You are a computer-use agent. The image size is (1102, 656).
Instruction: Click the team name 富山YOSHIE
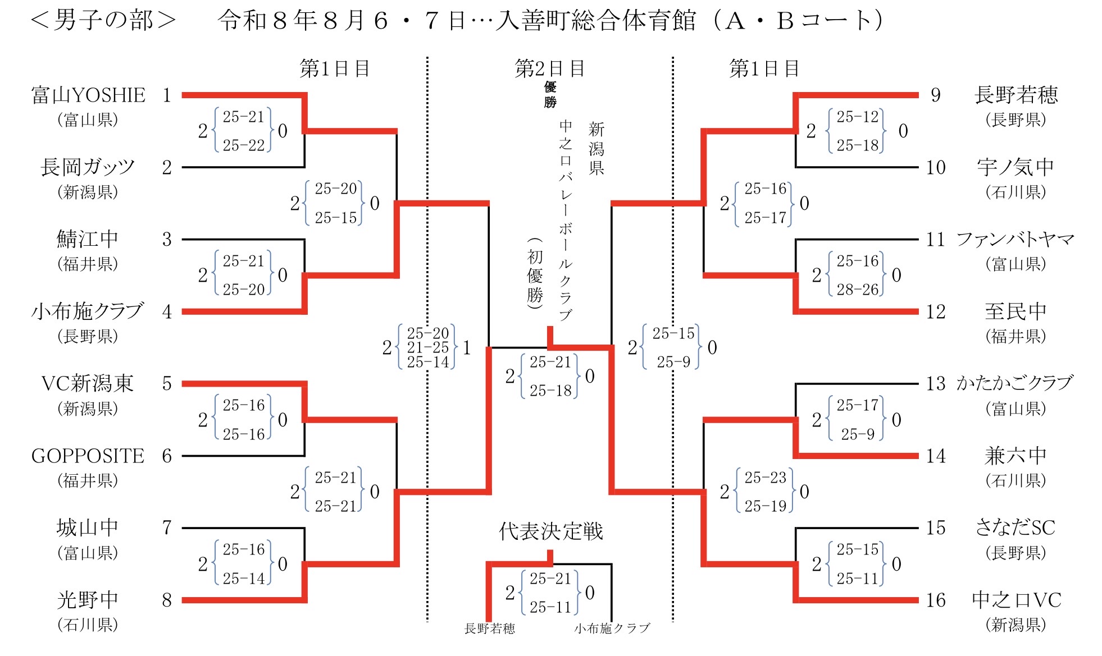click(x=88, y=95)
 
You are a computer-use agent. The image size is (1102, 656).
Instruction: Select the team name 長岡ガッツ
click(x=88, y=167)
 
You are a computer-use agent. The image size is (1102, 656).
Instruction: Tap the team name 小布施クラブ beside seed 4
click(x=88, y=311)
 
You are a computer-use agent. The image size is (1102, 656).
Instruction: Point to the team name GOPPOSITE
click(x=88, y=456)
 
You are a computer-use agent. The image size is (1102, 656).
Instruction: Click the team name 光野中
click(x=88, y=600)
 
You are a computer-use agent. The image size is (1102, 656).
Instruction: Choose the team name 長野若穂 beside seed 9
click(x=1016, y=95)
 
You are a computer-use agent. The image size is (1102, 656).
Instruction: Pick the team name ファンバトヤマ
click(x=1016, y=240)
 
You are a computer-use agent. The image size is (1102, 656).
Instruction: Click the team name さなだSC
click(x=1016, y=528)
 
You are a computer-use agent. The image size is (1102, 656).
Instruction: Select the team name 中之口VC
click(x=1017, y=600)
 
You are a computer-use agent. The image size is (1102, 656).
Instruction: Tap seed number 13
click(x=936, y=384)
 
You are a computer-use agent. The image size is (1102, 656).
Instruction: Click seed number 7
click(x=167, y=528)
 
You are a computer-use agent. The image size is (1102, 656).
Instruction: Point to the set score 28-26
click(x=857, y=290)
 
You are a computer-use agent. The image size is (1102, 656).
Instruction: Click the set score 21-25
click(x=428, y=348)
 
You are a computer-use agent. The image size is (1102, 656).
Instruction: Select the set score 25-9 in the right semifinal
click(x=673, y=362)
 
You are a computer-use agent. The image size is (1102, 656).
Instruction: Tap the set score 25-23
click(x=765, y=478)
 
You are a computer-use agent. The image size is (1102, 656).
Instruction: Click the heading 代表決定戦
click(x=551, y=531)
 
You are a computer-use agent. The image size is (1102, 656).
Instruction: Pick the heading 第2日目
click(x=550, y=68)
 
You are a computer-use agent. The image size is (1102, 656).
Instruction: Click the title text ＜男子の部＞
click(x=103, y=20)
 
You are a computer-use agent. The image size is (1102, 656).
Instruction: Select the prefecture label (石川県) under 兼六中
click(x=1016, y=481)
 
